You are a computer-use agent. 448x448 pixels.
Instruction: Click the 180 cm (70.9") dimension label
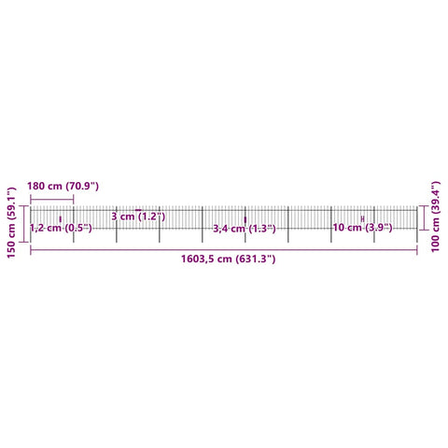(63, 187)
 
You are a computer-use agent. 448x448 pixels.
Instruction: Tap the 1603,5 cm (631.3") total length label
(229, 259)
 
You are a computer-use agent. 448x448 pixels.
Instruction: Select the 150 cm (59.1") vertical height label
(11, 222)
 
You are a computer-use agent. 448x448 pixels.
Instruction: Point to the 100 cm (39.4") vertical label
(436, 217)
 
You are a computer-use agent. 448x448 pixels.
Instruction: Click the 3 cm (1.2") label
(138, 217)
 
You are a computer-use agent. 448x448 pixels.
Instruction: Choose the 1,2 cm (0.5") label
(61, 228)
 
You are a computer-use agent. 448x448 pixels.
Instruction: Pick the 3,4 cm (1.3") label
(245, 229)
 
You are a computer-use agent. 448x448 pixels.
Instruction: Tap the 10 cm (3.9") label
(362, 228)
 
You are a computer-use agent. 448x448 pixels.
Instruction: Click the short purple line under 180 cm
(52, 200)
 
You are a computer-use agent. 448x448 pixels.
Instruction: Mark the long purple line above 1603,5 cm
(224, 249)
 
